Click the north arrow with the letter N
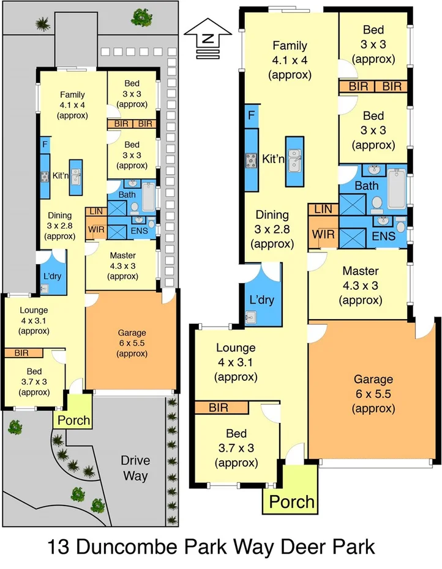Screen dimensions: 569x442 pyautogui.click(x=209, y=39)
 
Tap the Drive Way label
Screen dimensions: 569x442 pyautogui.click(x=135, y=468)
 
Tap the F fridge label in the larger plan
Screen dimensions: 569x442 pyautogui.click(x=250, y=115)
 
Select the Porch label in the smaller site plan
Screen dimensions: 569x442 pyautogui.click(x=73, y=420)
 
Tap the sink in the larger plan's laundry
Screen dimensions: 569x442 pyautogui.click(x=250, y=316)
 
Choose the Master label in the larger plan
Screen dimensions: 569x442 pyautogui.click(x=360, y=271)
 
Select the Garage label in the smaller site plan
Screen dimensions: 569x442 pyautogui.click(x=132, y=332)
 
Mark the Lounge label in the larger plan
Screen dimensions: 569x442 pyautogui.click(x=236, y=348)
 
